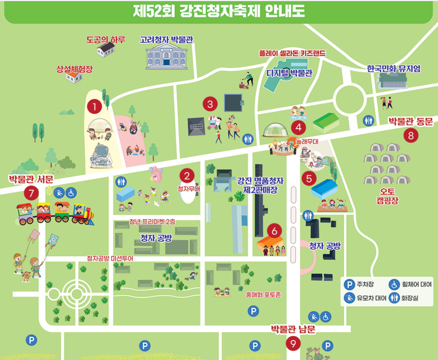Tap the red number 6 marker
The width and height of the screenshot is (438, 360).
274,231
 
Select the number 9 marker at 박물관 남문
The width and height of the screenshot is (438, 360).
293,343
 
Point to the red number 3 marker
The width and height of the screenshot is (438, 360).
210,104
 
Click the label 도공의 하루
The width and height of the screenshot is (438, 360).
106,39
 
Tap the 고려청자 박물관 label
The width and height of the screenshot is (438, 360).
166,39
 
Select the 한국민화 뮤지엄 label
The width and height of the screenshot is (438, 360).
393,69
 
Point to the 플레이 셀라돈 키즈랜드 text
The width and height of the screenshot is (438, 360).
292,54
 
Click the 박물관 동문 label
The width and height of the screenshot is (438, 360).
411,122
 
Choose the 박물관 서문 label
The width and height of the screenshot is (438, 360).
31,179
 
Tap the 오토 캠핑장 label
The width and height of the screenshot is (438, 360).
389,195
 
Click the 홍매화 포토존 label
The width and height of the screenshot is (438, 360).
263,295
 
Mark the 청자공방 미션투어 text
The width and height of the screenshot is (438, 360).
110,259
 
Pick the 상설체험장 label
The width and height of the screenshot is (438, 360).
74,69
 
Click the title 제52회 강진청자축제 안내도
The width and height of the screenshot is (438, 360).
219,11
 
